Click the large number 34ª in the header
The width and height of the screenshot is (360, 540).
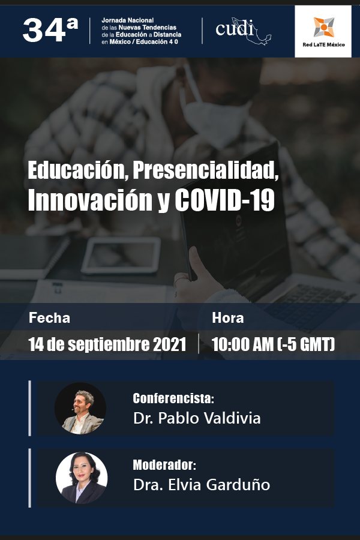50,30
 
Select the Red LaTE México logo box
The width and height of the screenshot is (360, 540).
323,32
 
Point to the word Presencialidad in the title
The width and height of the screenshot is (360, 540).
206,171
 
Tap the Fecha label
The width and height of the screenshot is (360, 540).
49,318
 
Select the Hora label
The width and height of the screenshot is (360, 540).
228,318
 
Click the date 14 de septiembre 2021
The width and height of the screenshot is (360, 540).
107,344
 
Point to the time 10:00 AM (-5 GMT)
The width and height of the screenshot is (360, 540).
273,344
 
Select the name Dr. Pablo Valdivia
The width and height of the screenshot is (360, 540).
197,418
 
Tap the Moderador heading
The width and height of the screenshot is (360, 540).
165,466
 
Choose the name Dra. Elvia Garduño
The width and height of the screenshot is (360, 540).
202,485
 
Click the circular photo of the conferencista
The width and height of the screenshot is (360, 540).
80,409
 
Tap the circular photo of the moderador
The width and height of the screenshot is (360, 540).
82,478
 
